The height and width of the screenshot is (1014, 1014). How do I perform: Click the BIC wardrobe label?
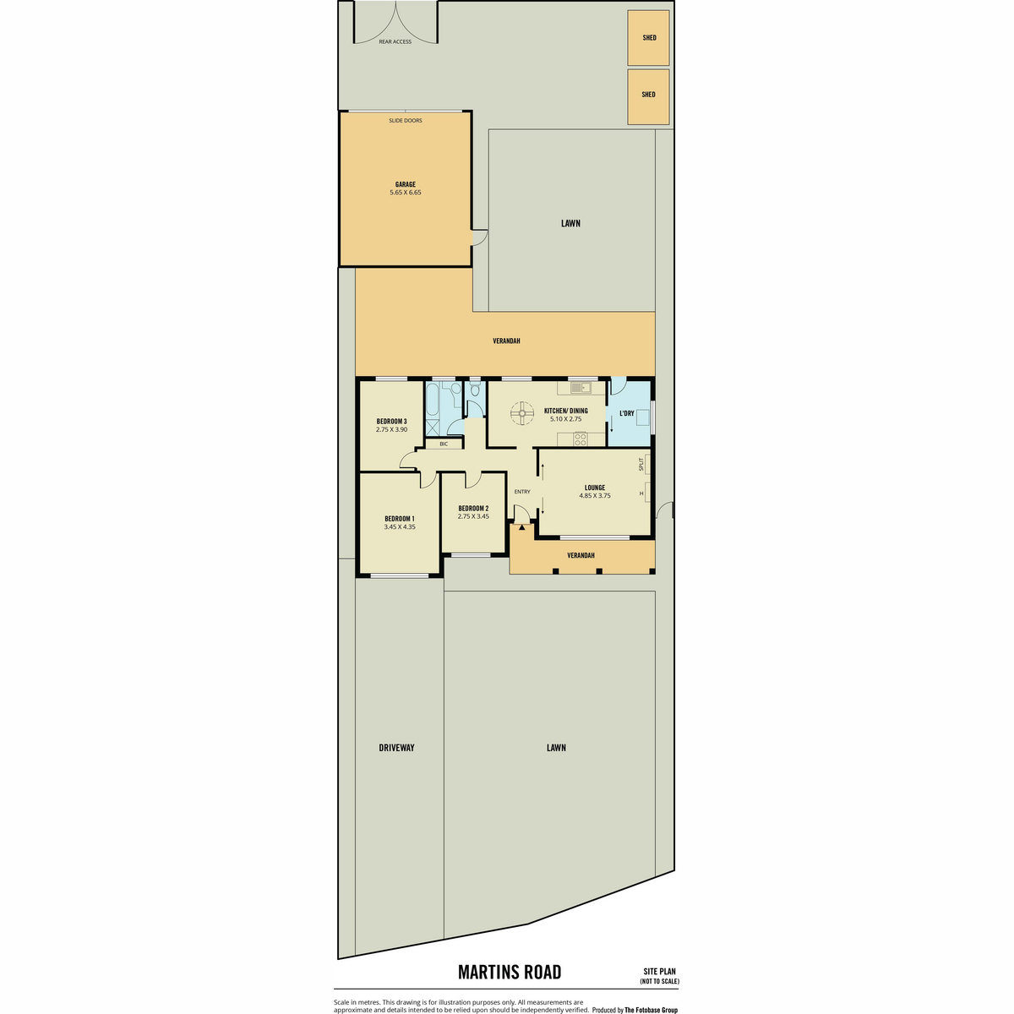444,444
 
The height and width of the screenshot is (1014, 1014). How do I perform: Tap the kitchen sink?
581,388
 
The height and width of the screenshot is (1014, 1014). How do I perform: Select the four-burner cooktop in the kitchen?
581,439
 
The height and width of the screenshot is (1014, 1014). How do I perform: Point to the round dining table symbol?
522,413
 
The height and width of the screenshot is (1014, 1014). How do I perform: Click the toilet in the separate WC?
475,389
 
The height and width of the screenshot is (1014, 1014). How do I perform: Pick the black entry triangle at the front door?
521,526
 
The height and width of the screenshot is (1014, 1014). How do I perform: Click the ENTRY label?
522,492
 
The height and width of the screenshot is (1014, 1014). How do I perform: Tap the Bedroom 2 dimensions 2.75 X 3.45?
473,516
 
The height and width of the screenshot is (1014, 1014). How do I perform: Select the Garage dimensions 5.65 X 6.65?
406,193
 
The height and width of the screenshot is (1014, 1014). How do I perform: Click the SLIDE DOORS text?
406,121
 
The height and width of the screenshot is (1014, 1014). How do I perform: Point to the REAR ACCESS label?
395,41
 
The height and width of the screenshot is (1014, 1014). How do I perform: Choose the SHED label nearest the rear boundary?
649,38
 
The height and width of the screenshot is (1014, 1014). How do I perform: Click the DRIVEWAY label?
397,748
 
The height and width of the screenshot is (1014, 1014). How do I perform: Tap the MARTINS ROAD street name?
510,972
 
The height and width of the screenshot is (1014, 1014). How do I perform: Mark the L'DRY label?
627,413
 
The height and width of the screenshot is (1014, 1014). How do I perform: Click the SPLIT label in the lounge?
641,464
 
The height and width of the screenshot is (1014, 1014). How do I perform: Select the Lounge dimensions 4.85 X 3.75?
595,496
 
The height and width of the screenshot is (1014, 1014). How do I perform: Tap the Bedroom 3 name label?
391,422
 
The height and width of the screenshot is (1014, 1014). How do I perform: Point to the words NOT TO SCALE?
659,981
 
